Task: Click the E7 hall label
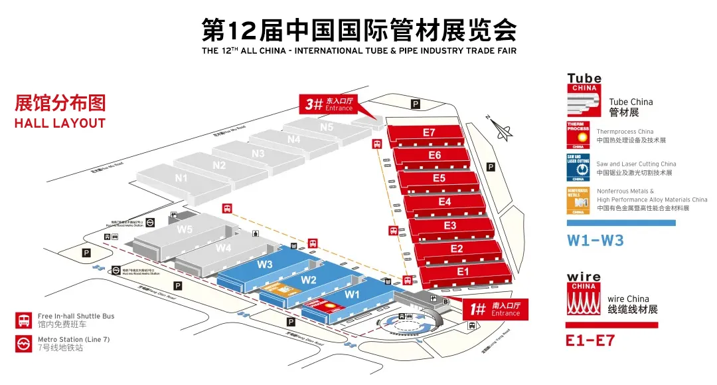click(429, 132)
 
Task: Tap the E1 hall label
click(463, 271)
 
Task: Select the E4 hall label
click(445, 201)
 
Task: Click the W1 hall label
click(352, 294)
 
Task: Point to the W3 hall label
click(265, 264)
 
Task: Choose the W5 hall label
click(185, 230)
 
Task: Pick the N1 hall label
click(181, 178)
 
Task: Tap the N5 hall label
click(326, 126)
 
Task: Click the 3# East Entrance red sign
click(330, 104)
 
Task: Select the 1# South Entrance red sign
click(495, 309)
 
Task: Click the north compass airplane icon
click(503, 130)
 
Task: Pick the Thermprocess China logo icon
click(578, 135)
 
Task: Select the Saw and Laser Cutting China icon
click(578, 167)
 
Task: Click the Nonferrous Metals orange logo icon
click(578, 200)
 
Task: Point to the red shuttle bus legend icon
click(23, 321)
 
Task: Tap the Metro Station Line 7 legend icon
click(23, 344)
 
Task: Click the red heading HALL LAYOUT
click(60, 123)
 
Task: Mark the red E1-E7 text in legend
click(590, 341)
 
